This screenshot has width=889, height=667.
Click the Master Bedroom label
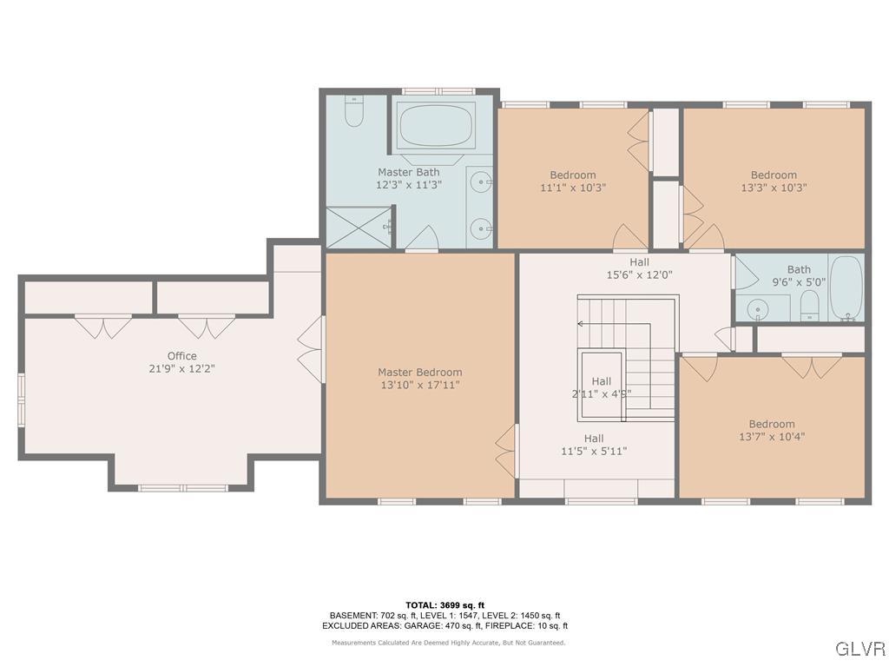[419, 373]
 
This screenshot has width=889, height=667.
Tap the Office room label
[181, 356]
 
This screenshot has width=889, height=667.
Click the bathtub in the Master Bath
[436, 127]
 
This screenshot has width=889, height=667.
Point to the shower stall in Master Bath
[358, 228]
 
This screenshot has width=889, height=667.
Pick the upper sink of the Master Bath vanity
[479, 182]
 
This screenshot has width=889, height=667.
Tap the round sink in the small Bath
[759, 309]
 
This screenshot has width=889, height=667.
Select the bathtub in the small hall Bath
[846, 287]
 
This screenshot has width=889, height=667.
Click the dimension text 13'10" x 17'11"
[419, 385]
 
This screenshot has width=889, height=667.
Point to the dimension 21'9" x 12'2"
[181, 368]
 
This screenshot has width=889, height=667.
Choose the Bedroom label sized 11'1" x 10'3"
[572, 175]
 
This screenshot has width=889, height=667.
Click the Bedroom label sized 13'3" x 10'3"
[773, 175]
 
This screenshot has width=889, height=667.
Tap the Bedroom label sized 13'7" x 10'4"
[771, 425]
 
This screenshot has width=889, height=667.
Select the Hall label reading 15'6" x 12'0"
[639, 262]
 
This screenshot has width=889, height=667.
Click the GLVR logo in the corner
[859, 649]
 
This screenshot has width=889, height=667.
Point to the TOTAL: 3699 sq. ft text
[444, 605]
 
